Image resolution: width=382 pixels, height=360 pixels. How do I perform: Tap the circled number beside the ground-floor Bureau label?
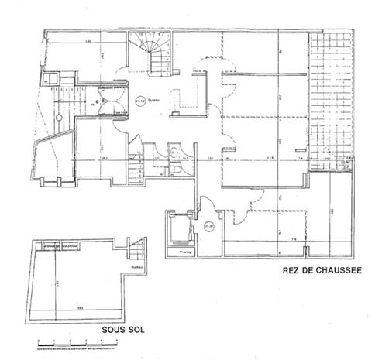point(139,99)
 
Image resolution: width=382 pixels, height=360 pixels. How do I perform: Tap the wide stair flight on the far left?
point(56,108)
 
